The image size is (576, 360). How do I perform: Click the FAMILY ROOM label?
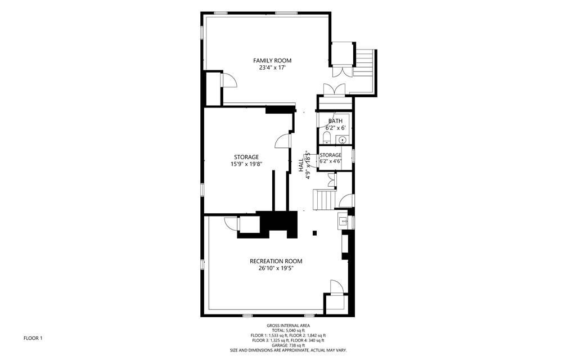[x=272, y=60]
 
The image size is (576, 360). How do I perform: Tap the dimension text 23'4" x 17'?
[x=272, y=67]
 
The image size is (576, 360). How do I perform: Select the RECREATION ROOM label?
[x=276, y=261]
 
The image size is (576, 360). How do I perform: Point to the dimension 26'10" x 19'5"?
[x=276, y=268]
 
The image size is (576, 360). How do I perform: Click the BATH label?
[x=335, y=121]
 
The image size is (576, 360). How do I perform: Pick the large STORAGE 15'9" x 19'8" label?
[x=246, y=157]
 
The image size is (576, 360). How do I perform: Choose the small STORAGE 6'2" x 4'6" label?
[x=331, y=155]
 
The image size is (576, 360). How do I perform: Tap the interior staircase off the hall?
[x=324, y=199]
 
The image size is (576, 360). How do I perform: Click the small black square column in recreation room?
[x=315, y=233]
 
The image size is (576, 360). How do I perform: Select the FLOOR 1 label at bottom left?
[x=33, y=338]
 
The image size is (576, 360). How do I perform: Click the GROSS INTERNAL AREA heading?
[x=288, y=326]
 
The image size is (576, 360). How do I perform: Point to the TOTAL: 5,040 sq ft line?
[x=288, y=331]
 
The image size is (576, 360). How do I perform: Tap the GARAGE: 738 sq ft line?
[x=288, y=345]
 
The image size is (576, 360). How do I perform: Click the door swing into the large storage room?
[x=282, y=141]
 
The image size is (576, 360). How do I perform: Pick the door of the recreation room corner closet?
[x=336, y=287]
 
